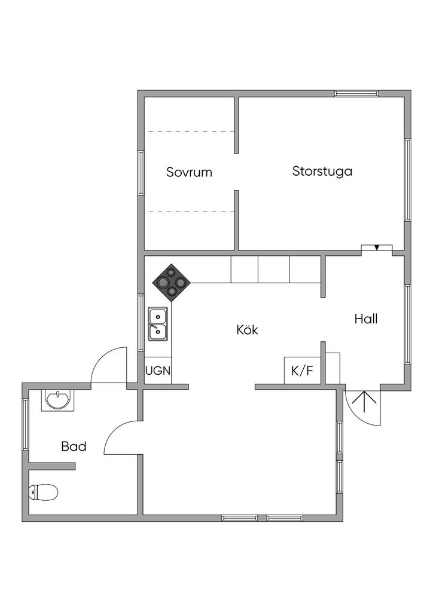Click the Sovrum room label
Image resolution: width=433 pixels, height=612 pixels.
point(189,173)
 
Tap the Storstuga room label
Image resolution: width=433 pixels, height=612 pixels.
point(322,172)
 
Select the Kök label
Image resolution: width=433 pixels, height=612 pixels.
point(247,329)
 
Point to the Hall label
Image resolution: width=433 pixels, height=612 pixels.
point(365,319)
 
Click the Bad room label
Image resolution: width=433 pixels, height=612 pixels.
point(74,446)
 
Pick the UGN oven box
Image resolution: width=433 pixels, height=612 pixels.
point(158,371)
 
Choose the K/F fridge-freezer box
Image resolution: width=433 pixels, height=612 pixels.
point(302,371)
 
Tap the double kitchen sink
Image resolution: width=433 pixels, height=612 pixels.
point(158,323)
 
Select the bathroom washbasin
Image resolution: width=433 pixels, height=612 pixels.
point(57,399)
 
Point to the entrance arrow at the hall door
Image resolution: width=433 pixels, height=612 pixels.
point(362,403)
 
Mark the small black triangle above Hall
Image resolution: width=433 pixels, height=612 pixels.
point(377,247)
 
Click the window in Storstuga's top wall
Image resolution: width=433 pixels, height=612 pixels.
point(356,93)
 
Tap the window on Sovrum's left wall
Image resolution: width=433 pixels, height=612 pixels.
point(141,173)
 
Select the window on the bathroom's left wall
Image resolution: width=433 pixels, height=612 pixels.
point(25,424)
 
